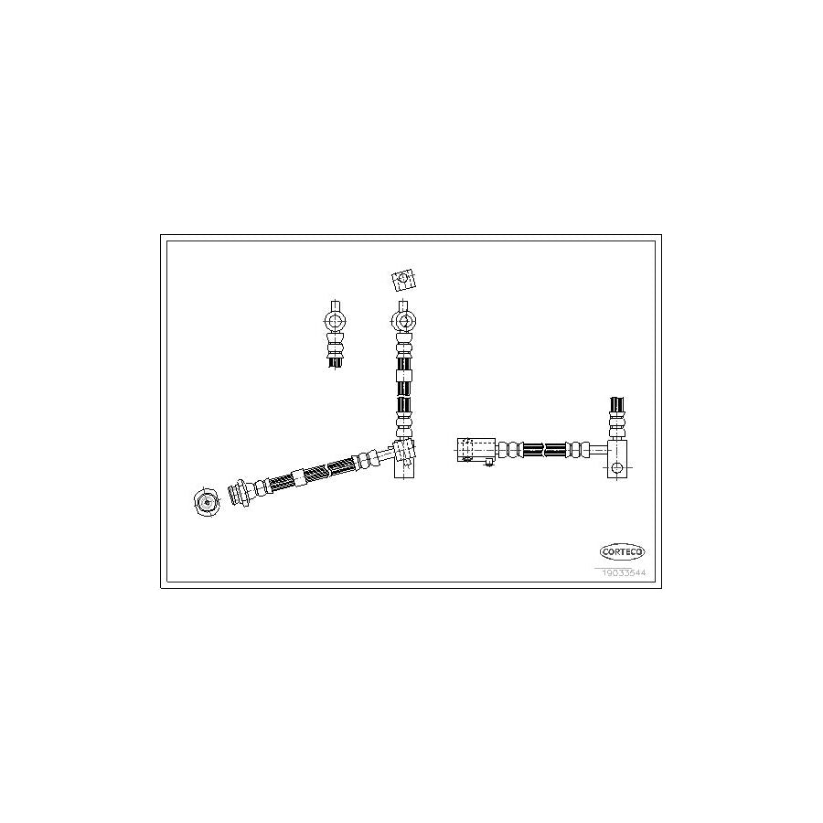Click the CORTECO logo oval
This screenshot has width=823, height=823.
(x=623, y=551)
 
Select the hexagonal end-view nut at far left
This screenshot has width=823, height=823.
(x=206, y=501)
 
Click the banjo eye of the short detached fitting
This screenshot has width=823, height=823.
(x=336, y=321)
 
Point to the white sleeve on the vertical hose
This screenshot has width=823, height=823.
(x=403, y=374)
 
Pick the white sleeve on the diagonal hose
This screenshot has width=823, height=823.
(x=297, y=476)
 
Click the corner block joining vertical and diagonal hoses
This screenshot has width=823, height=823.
(x=403, y=454)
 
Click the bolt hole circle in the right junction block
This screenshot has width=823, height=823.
(x=617, y=468)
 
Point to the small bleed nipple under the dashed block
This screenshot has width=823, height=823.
(x=489, y=463)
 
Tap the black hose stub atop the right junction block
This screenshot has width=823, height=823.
(x=617, y=405)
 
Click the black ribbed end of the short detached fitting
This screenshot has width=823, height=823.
(x=336, y=361)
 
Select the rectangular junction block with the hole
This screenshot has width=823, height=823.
(x=618, y=457)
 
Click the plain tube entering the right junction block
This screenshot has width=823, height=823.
(x=596, y=449)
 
